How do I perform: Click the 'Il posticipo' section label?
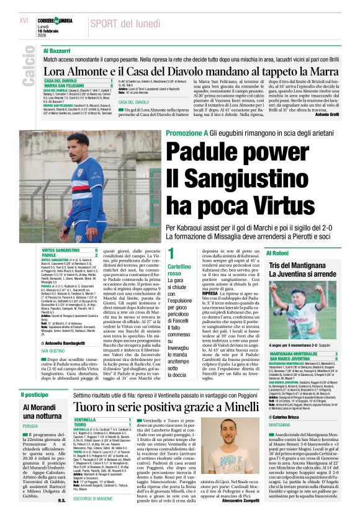35,394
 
